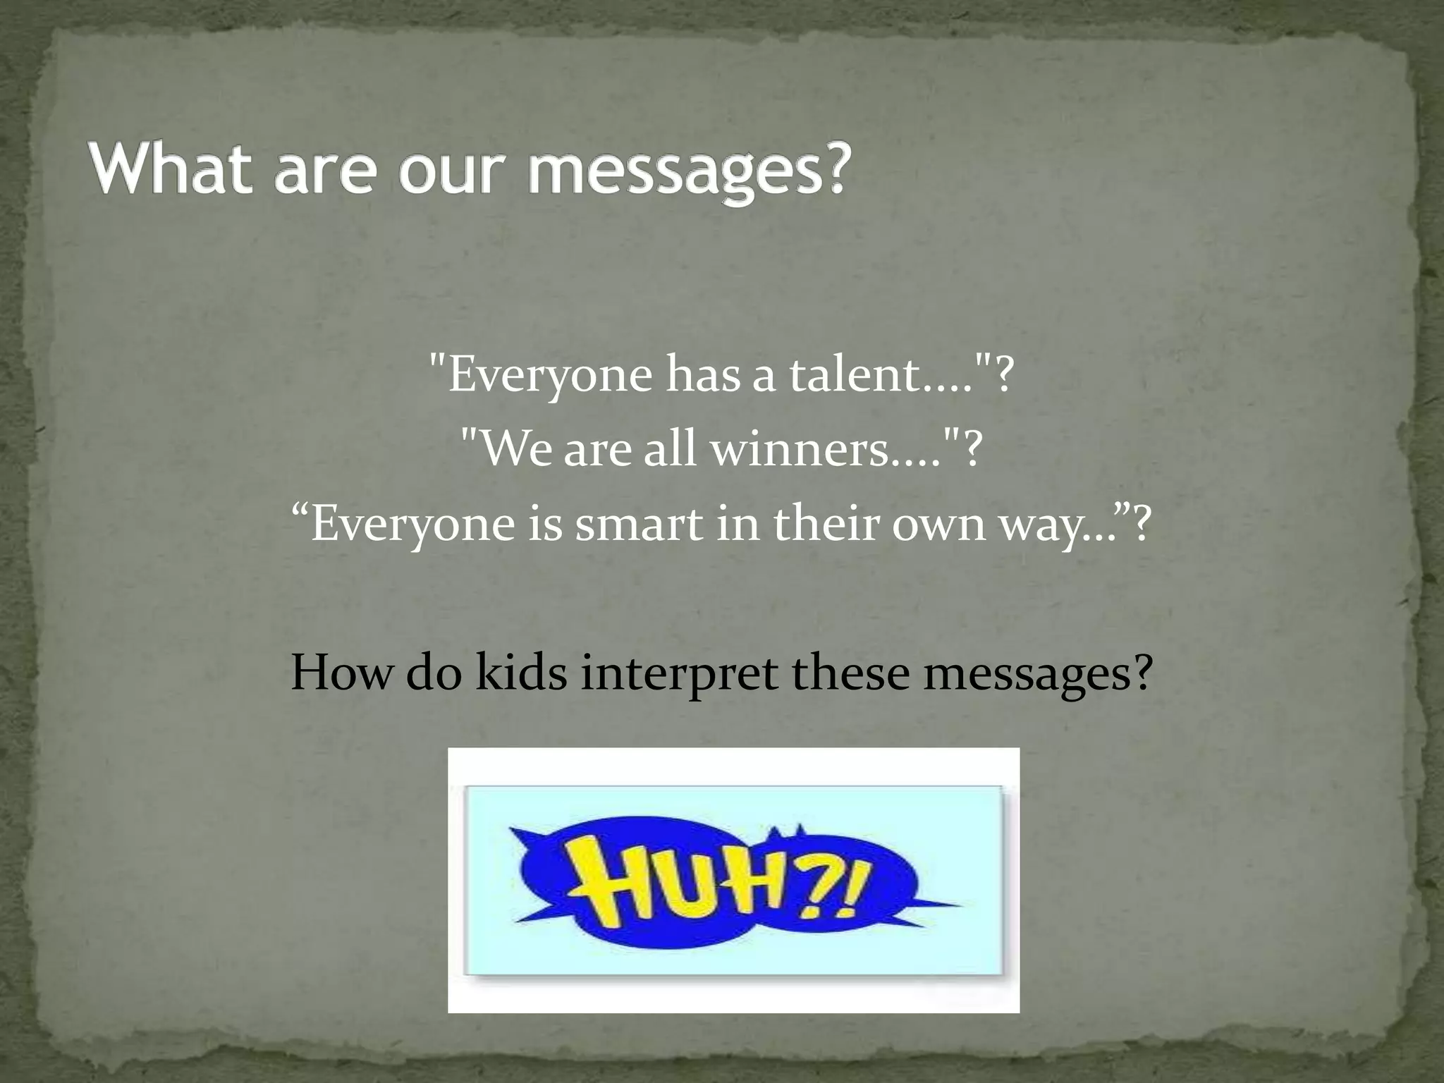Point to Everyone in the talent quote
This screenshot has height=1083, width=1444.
pos(550,375)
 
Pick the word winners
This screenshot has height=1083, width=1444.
pos(800,449)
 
